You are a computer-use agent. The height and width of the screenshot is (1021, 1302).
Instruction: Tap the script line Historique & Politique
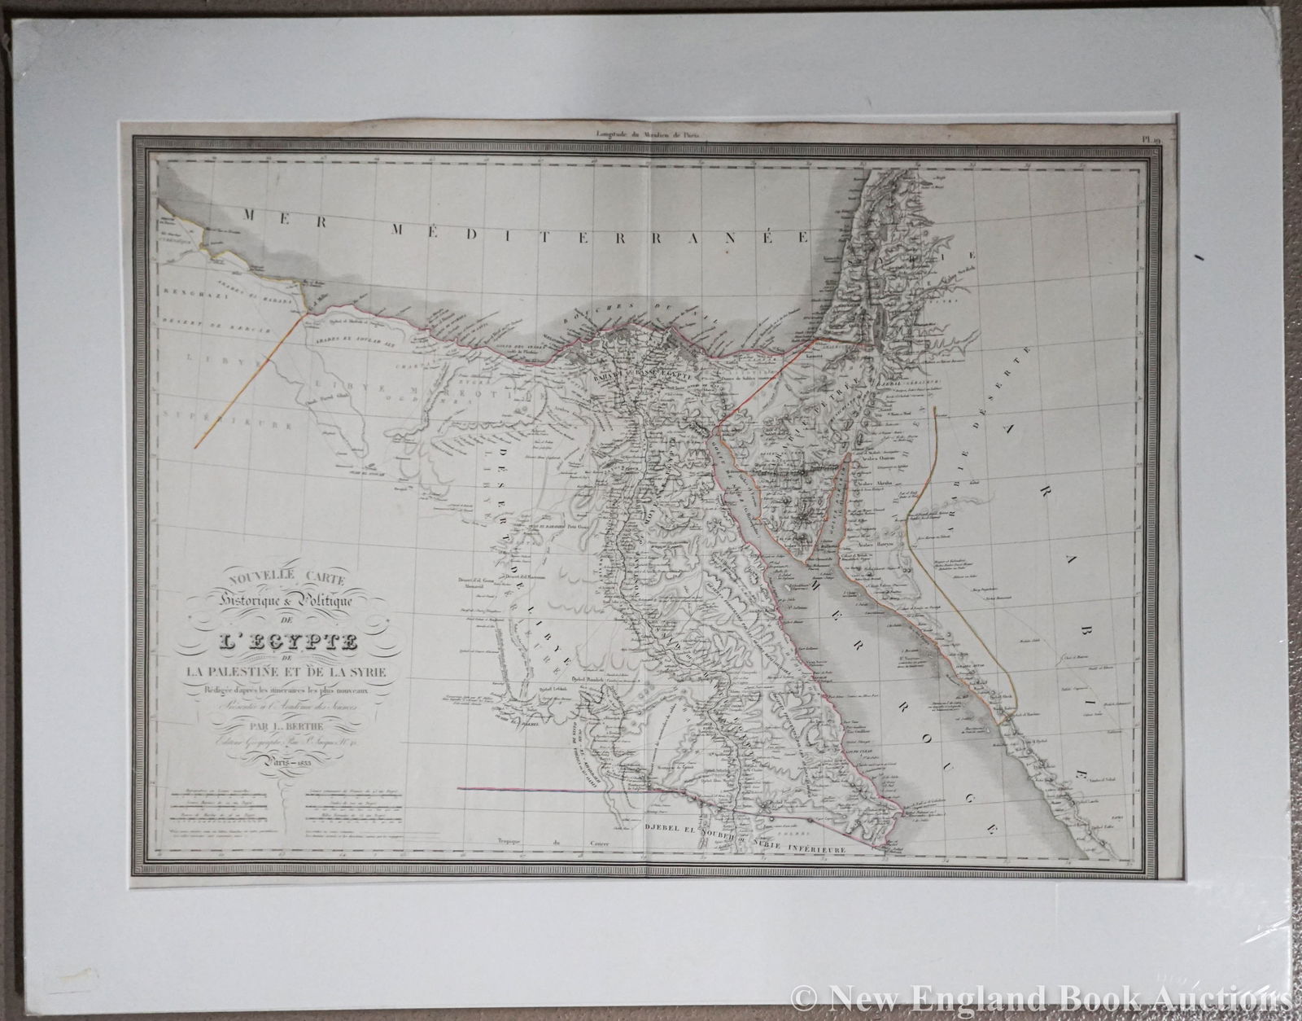tap(277, 603)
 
